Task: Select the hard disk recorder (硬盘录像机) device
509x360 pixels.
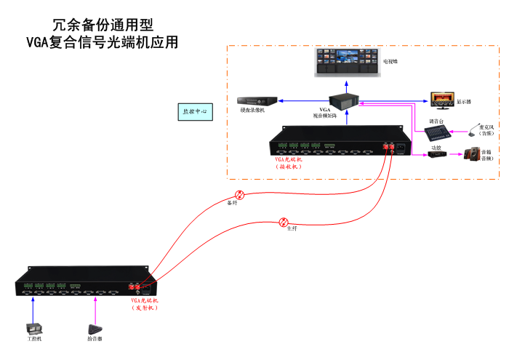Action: pos(254,100)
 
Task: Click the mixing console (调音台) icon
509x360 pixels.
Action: pos(437,132)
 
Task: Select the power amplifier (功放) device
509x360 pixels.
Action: pos(436,155)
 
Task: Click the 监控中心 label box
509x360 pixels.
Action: pos(194,112)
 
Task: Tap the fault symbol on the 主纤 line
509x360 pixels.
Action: pos(284,222)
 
